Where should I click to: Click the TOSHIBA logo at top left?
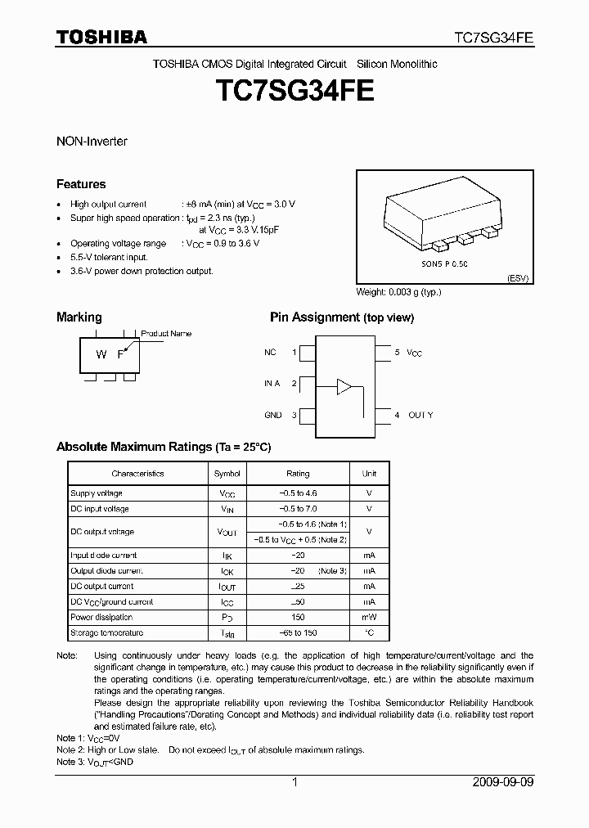(101, 37)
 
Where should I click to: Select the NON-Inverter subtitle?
(92, 141)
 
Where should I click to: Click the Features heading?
(81, 184)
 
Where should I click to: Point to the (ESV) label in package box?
(518, 278)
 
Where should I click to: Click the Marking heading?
(79, 317)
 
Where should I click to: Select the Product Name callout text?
(166, 333)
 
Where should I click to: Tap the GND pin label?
(272, 415)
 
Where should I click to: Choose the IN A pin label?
(272, 383)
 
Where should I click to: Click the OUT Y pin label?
(420, 415)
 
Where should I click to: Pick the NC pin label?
(270, 352)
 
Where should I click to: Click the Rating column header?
(298, 474)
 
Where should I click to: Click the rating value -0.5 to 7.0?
(298, 509)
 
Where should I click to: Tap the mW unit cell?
(369, 618)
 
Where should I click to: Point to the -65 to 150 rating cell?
(298, 633)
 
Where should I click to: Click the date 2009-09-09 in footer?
(503, 782)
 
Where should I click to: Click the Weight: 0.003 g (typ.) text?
(400, 292)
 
